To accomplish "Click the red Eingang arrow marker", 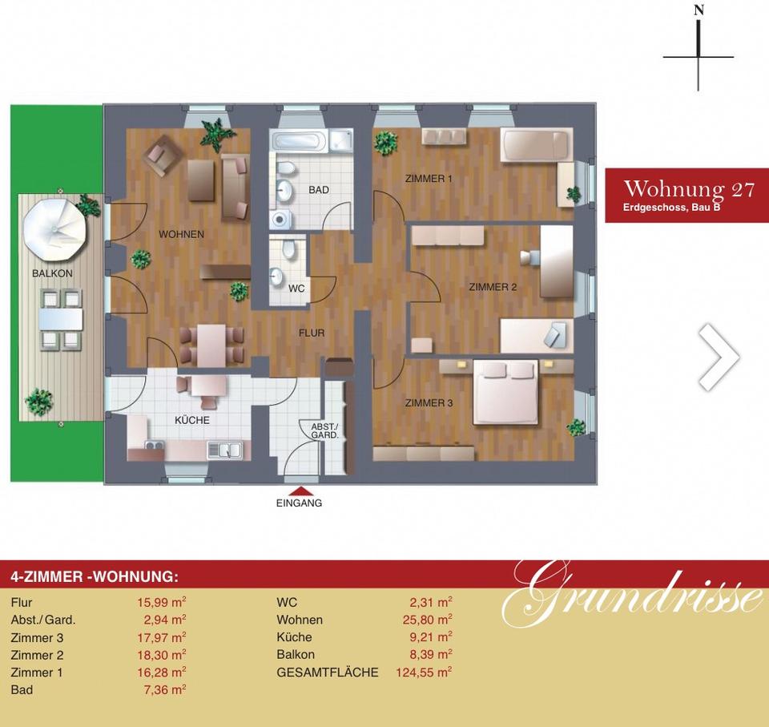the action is click(299, 491).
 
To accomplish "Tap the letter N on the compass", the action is click(699, 10).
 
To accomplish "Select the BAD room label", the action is click(319, 190).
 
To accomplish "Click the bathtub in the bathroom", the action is click(299, 141).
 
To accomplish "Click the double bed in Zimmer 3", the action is click(505, 392).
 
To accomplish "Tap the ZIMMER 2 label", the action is click(493, 287).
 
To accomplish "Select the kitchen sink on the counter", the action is click(225, 450).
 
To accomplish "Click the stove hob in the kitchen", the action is click(155, 445).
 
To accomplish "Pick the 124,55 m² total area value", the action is click(424, 672).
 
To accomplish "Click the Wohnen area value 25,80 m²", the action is click(427, 620).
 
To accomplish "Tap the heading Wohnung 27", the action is click(689, 189).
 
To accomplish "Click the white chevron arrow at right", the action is click(719, 357).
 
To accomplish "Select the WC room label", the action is click(296, 289).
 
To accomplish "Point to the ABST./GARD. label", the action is click(324, 431).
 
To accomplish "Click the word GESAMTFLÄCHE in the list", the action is click(328, 672).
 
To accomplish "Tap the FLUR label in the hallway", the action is click(312, 333).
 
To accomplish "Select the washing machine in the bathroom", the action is click(280, 220).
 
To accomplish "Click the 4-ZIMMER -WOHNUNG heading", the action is click(95, 576).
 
